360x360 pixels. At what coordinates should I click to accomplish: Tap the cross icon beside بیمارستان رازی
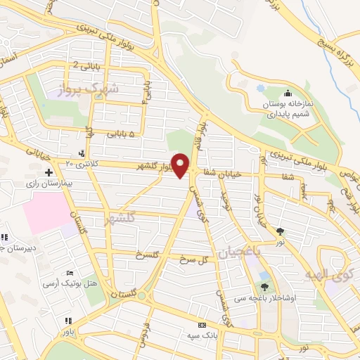49,172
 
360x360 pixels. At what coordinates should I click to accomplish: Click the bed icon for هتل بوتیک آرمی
69,273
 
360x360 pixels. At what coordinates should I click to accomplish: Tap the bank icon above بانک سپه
202,326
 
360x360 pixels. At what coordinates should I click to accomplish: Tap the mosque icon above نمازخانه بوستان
287,94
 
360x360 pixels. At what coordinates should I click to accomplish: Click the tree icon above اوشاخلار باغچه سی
264,286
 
